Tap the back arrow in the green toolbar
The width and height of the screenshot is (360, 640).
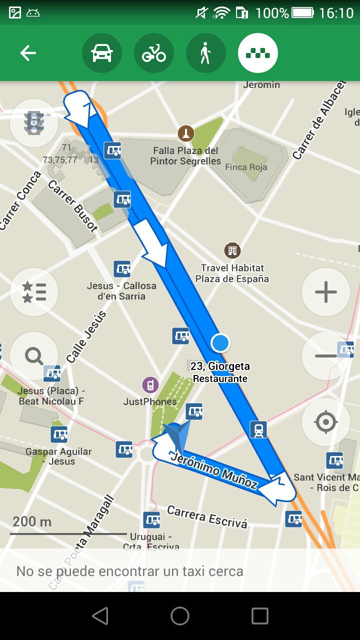click(x=28, y=53)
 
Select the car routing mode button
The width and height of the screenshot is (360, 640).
click(x=102, y=53)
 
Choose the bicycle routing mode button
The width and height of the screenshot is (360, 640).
click(x=154, y=53)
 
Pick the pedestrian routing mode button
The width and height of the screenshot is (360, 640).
click(x=205, y=53)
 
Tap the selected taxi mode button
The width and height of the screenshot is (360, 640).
click(x=258, y=53)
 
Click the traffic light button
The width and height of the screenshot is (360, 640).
click(x=34, y=123)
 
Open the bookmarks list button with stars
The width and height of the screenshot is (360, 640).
click(x=34, y=292)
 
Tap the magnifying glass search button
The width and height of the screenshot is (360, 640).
click(x=34, y=356)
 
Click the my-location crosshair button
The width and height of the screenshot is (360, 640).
click(x=326, y=422)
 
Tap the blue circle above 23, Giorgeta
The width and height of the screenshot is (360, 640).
click(x=220, y=343)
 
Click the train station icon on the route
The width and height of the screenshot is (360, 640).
click(x=258, y=429)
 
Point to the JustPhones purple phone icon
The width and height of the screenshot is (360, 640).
click(x=149, y=385)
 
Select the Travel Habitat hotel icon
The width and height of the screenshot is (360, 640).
click(x=232, y=250)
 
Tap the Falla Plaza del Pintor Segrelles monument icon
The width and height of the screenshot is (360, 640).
click(x=186, y=133)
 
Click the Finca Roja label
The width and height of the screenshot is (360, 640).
click(x=246, y=167)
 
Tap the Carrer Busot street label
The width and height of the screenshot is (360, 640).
click(x=73, y=206)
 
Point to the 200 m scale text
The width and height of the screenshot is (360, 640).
click(x=32, y=521)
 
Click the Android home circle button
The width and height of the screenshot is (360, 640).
click(x=180, y=616)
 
